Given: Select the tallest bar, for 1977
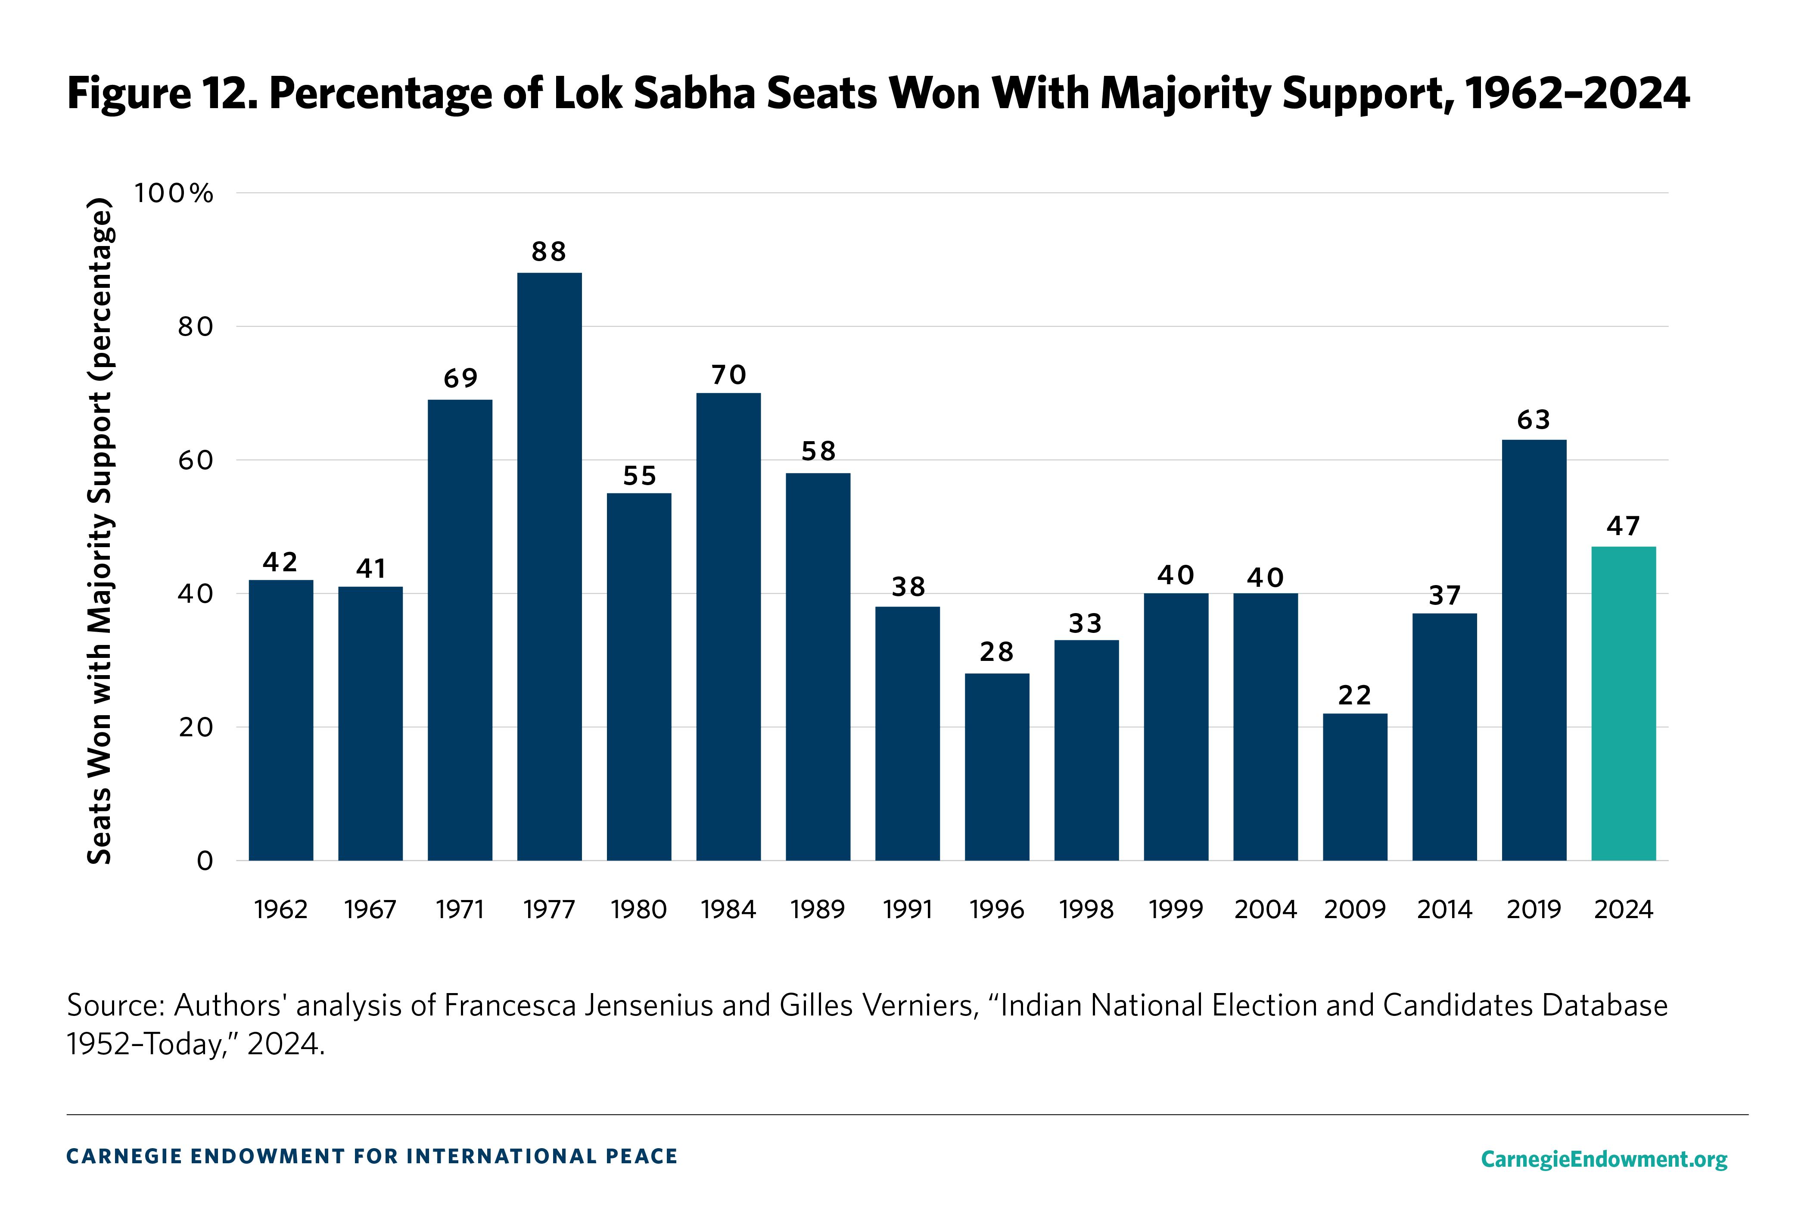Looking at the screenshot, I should point(549,567).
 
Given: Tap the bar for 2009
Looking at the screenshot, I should point(1355,787).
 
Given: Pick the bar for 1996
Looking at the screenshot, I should point(996,766).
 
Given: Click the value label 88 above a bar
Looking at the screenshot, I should point(549,252).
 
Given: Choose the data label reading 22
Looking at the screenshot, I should point(1355,695).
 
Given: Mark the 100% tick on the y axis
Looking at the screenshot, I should point(174,193).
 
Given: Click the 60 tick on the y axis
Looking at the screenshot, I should point(196,461).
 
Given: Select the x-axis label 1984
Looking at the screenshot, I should point(728,909).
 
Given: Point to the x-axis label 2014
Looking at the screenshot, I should point(1444,909).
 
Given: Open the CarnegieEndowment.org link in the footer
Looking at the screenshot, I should point(1603,1159).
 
